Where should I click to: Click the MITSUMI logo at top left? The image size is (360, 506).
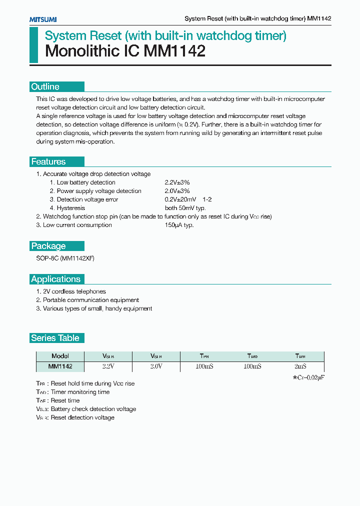point(43,19)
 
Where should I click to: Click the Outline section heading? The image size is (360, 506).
point(45,87)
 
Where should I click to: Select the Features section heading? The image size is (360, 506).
point(48,162)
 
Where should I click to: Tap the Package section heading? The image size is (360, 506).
point(48,246)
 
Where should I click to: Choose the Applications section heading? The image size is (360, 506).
point(56,279)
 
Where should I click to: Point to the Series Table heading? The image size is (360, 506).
point(55,338)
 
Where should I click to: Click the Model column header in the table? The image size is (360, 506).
point(60,356)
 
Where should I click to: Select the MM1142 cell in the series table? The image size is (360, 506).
point(60,366)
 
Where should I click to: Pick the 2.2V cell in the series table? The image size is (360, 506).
point(108,366)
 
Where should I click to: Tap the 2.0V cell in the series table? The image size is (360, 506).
point(156,366)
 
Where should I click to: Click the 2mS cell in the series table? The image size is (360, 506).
point(300,366)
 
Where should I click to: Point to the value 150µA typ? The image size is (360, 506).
point(179,225)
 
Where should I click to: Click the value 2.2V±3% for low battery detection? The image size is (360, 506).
point(177,182)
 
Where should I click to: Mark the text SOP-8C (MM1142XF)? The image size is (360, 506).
point(65,258)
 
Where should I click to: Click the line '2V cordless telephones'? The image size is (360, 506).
point(74,291)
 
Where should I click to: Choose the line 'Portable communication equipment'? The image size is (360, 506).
point(90,300)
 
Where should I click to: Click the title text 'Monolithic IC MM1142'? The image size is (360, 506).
point(125,51)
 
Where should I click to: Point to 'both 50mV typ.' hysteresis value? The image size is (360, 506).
point(185,208)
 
